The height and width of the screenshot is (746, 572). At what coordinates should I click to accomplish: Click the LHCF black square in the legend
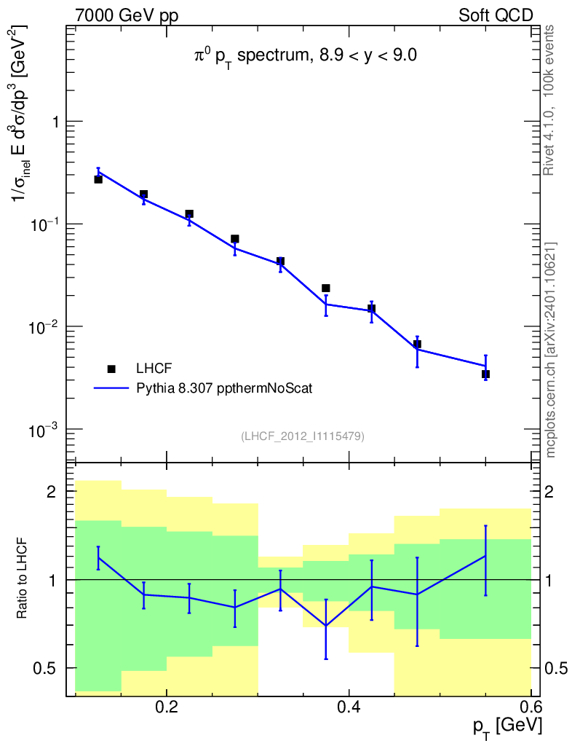pos(111,368)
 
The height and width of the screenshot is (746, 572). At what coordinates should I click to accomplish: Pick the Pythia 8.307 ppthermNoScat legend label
pos(224,389)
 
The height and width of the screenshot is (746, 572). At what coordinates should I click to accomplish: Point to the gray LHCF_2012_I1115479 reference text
pos(303,436)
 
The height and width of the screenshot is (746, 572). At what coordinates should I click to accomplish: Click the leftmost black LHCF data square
pos(98,179)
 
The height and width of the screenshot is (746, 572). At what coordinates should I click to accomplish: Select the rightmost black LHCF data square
pos(485,374)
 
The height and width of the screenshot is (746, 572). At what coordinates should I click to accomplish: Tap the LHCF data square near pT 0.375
pos(326,288)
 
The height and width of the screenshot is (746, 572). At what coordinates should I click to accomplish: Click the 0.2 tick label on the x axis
pos(167,707)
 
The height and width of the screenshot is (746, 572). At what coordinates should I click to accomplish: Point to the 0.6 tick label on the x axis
pos(531,707)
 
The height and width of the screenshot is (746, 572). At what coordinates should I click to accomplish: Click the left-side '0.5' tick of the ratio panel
pos(46,668)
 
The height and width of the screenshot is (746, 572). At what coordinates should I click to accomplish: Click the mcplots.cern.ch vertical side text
pos(551,350)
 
